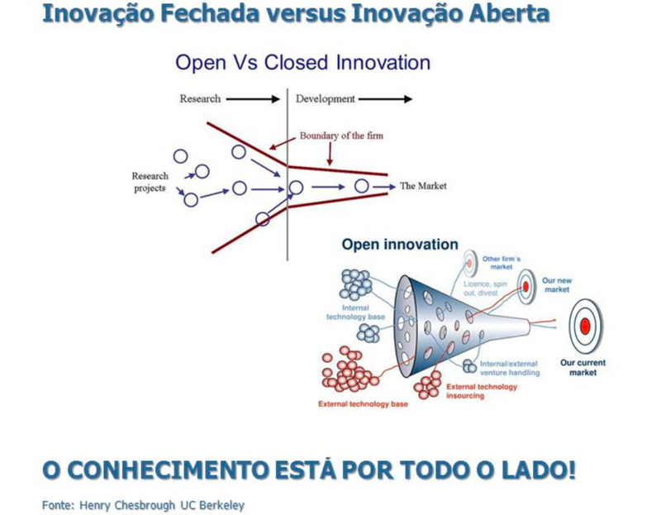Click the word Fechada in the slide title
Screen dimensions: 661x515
(210, 13)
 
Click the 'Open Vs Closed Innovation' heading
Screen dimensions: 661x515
(302, 63)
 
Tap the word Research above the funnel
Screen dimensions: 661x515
(200, 98)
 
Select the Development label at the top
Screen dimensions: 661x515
(326, 99)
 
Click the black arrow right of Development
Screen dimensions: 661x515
(385, 99)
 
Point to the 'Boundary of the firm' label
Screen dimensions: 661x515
(341, 136)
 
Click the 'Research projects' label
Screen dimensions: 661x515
(150, 182)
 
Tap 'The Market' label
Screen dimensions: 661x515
(423, 186)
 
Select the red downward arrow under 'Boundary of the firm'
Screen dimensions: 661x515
(330, 154)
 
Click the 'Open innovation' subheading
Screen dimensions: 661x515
(400, 244)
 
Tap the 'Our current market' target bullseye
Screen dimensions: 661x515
(585, 326)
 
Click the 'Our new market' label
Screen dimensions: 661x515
(557, 285)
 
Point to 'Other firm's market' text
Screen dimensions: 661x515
(502, 263)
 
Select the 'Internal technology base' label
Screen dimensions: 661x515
(355, 312)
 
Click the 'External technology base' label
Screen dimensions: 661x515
(363, 404)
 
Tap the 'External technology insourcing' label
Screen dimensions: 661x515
(482, 391)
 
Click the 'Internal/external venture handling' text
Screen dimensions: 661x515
(510, 368)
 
